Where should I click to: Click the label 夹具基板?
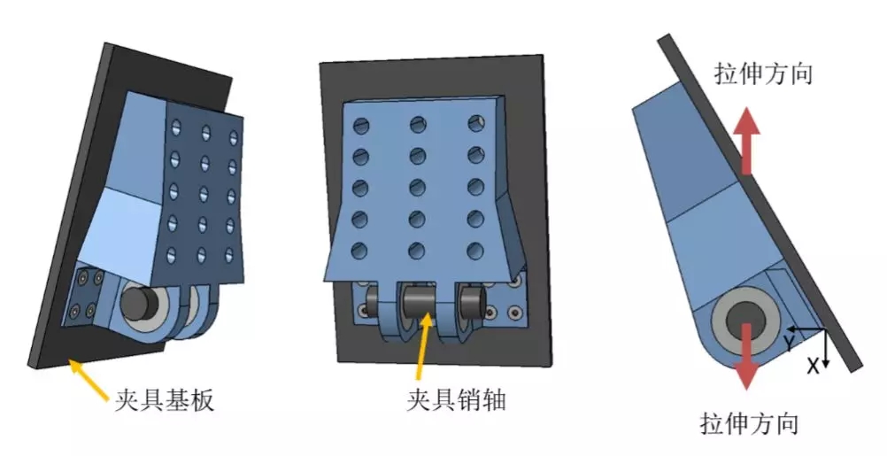[x=164, y=400]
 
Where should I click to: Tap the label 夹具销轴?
[x=455, y=399]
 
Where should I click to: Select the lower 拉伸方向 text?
[x=749, y=422]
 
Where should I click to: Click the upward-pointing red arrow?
[x=747, y=140]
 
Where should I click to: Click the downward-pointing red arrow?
[x=747, y=357]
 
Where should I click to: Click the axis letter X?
[x=813, y=366]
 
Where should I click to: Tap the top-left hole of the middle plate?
[x=361, y=126]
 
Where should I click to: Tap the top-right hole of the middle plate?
[x=476, y=124]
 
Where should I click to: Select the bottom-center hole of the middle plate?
[x=416, y=250]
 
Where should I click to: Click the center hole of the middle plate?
[x=418, y=187]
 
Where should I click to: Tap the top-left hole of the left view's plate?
[x=177, y=125]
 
